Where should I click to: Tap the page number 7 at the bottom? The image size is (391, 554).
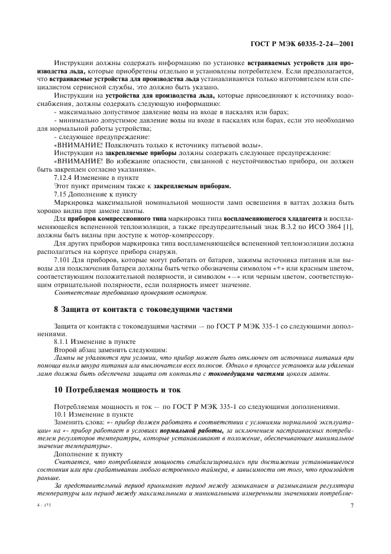click(351, 506)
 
